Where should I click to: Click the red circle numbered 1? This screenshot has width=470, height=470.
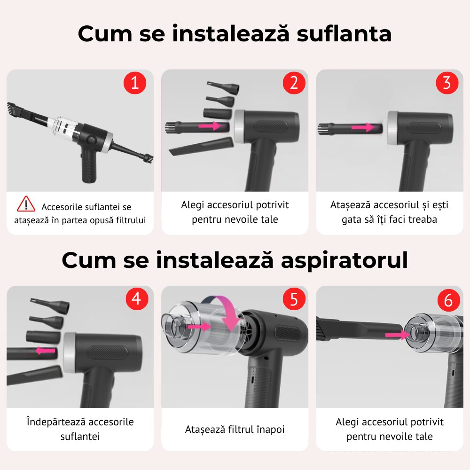(135, 83)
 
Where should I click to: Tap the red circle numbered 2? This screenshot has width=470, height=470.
(294, 83)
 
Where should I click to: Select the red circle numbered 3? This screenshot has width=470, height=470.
(447, 83)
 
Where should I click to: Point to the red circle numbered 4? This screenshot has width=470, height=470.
(137, 299)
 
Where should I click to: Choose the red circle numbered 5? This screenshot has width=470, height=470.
(294, 299)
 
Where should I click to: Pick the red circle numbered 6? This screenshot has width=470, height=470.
(448, 300)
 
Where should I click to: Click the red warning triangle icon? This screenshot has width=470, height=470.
(26, 204)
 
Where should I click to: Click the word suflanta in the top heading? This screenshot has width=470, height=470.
(344, 33)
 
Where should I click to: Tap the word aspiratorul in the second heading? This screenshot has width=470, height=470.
(344, 260)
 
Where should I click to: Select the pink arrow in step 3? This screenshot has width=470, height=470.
(363, 127)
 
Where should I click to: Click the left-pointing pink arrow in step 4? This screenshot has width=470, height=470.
(45, 350)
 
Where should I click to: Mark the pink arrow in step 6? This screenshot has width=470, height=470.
(396, 334)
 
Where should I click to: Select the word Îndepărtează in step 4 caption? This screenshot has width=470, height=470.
(51, 422)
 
